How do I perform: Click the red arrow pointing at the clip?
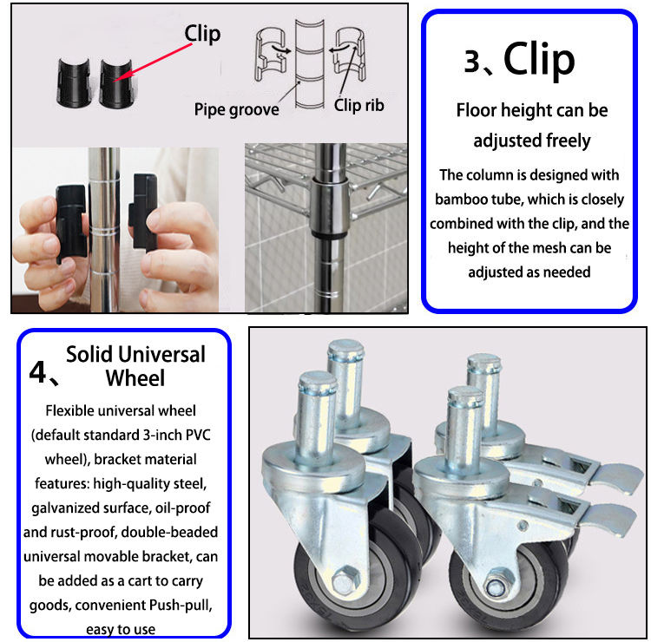[153, 62]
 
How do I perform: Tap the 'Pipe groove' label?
[237, 109]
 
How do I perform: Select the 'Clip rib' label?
[359, 105]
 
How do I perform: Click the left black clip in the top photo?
[74, 83]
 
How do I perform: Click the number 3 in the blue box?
[472, 62]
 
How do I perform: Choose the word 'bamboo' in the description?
[458, 200]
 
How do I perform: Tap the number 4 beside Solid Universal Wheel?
[37, 372]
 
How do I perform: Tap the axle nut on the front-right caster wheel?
[495, 586]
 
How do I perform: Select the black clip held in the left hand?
[71, 222]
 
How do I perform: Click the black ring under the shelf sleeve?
[330, 235]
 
